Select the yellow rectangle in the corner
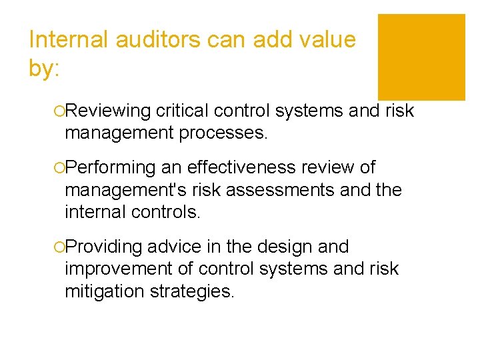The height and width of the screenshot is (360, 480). tap(421, 57)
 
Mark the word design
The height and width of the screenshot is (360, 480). tap(283, 247)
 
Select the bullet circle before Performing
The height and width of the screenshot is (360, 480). tap(60, 168)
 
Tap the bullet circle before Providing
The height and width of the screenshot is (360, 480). tap(60, 247)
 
